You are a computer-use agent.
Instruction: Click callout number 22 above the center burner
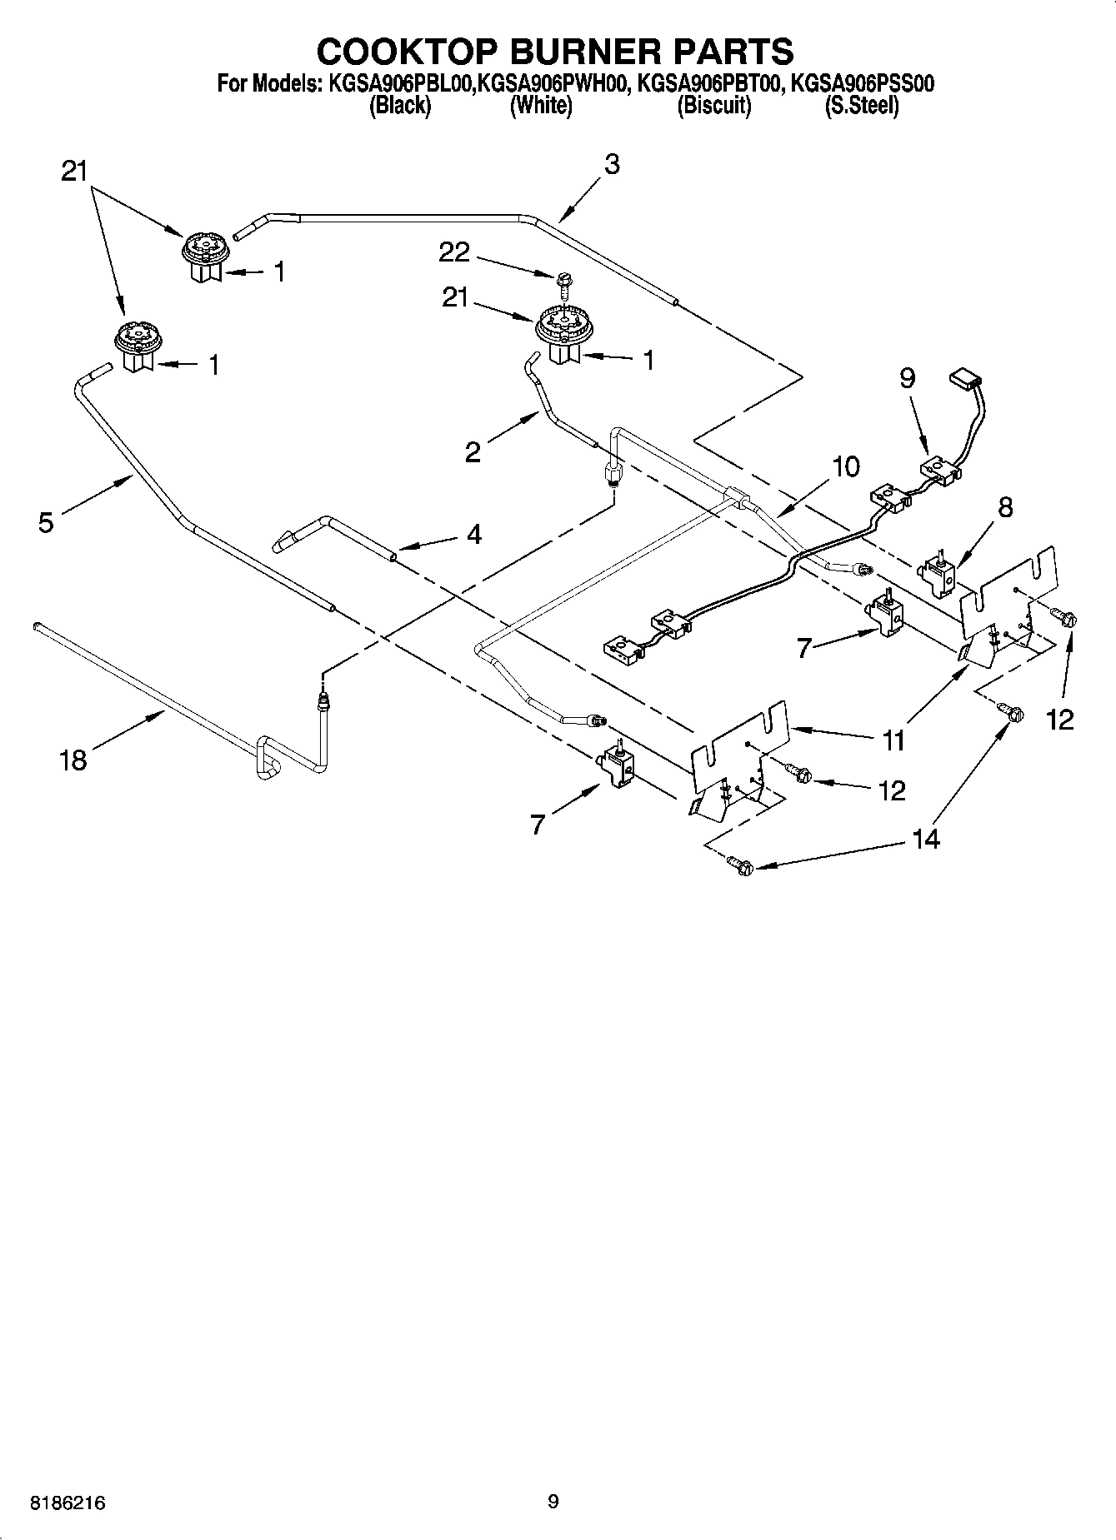click(454, 252)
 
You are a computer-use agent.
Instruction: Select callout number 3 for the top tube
click(612, 165)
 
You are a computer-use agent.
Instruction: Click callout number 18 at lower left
click(73, 760)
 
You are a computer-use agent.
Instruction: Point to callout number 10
click(845, 466)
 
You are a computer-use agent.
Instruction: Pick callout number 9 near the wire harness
click(907, 378)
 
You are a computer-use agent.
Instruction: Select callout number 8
click(1005, 506)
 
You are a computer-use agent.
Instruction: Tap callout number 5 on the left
click(46, 522)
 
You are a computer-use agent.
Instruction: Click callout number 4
click(473, 533)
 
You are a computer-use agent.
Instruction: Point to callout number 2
click(473, 452)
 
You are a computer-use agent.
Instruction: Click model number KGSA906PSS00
click(861, 83)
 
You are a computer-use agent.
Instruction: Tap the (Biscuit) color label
click(713, 106)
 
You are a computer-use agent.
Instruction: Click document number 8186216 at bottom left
click(68, 1503)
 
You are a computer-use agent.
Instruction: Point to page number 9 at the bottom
click(553, 1502)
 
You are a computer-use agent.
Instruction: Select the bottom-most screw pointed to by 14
click(740, 865)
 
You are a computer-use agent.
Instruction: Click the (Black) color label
click(400, 106)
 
